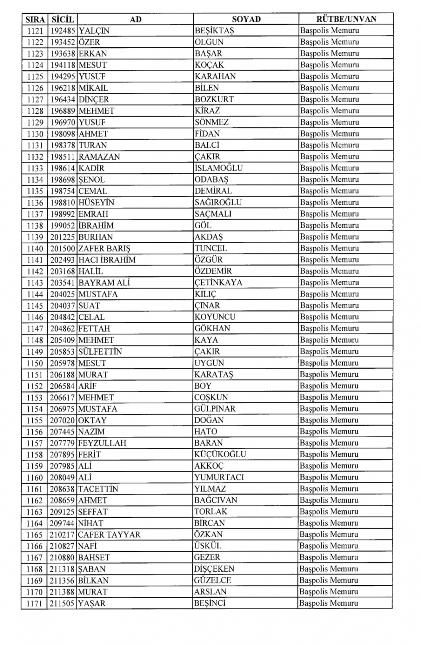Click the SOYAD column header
pyautogui.click(x=246, y=19)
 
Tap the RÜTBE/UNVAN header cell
pyautogui.click(x=346, y=19)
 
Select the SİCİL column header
pyautogui.click(x=62, y=19)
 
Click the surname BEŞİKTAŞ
pyautogui.click(x=214, y=31)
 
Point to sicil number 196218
pyautogui.click(x=62, y=88)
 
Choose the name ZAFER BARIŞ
pyautogui.click(x=104, y=249)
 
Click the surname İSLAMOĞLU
pyautogui.click(x=218, y=168)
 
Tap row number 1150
pyautogui.click(x=35, y=363)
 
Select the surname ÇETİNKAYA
pyautogui.click(x=218, y=283)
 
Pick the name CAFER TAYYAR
pyautogui.click(x=109, y=535)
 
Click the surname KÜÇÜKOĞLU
pyautogui.click(x=220, y=454)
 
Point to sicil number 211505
pyautogui.click(x=62, y=603)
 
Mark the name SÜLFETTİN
pyautogui.click(x=100, y=352)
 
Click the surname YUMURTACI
pyautogui.click(x=219, y=477)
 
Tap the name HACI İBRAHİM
pyautogui.click(x=107, y=260)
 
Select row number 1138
pyautogui.click(x=35, y=225)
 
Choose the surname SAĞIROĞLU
pyautogui.click(x=218, y=203)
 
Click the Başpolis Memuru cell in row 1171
pyautogui.click(x=329, y=603)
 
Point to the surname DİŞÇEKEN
pyautogui.click(x=214, y=569)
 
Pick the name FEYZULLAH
pyautogui.click(x=102, y=443)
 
